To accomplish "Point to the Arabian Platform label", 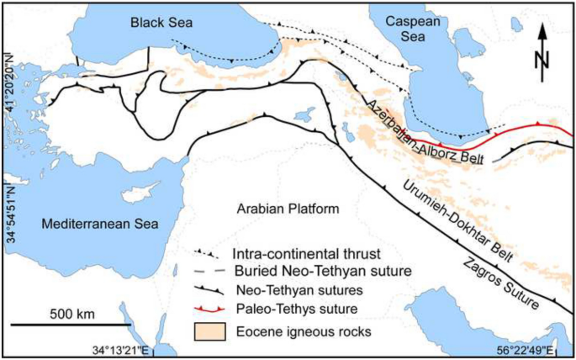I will pos(287,209).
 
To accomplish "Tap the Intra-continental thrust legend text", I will pos(293,252).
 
